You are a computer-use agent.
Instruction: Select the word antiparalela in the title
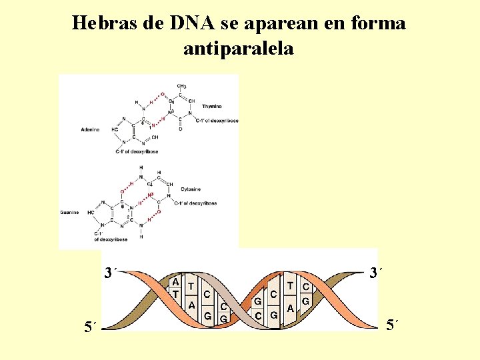coord(238,49)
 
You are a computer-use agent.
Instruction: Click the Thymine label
coord(212,106)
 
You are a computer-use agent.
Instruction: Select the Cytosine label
coord(191,189)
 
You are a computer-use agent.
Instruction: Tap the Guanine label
coord(70,213)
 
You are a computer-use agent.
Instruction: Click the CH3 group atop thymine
coord(181,86)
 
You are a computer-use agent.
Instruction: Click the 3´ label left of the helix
coord(111,272)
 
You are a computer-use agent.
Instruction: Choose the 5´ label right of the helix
coord(394,326)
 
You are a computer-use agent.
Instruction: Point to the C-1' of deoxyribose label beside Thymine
coord(217,121)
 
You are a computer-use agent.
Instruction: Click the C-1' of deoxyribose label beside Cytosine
coord(198,203)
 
